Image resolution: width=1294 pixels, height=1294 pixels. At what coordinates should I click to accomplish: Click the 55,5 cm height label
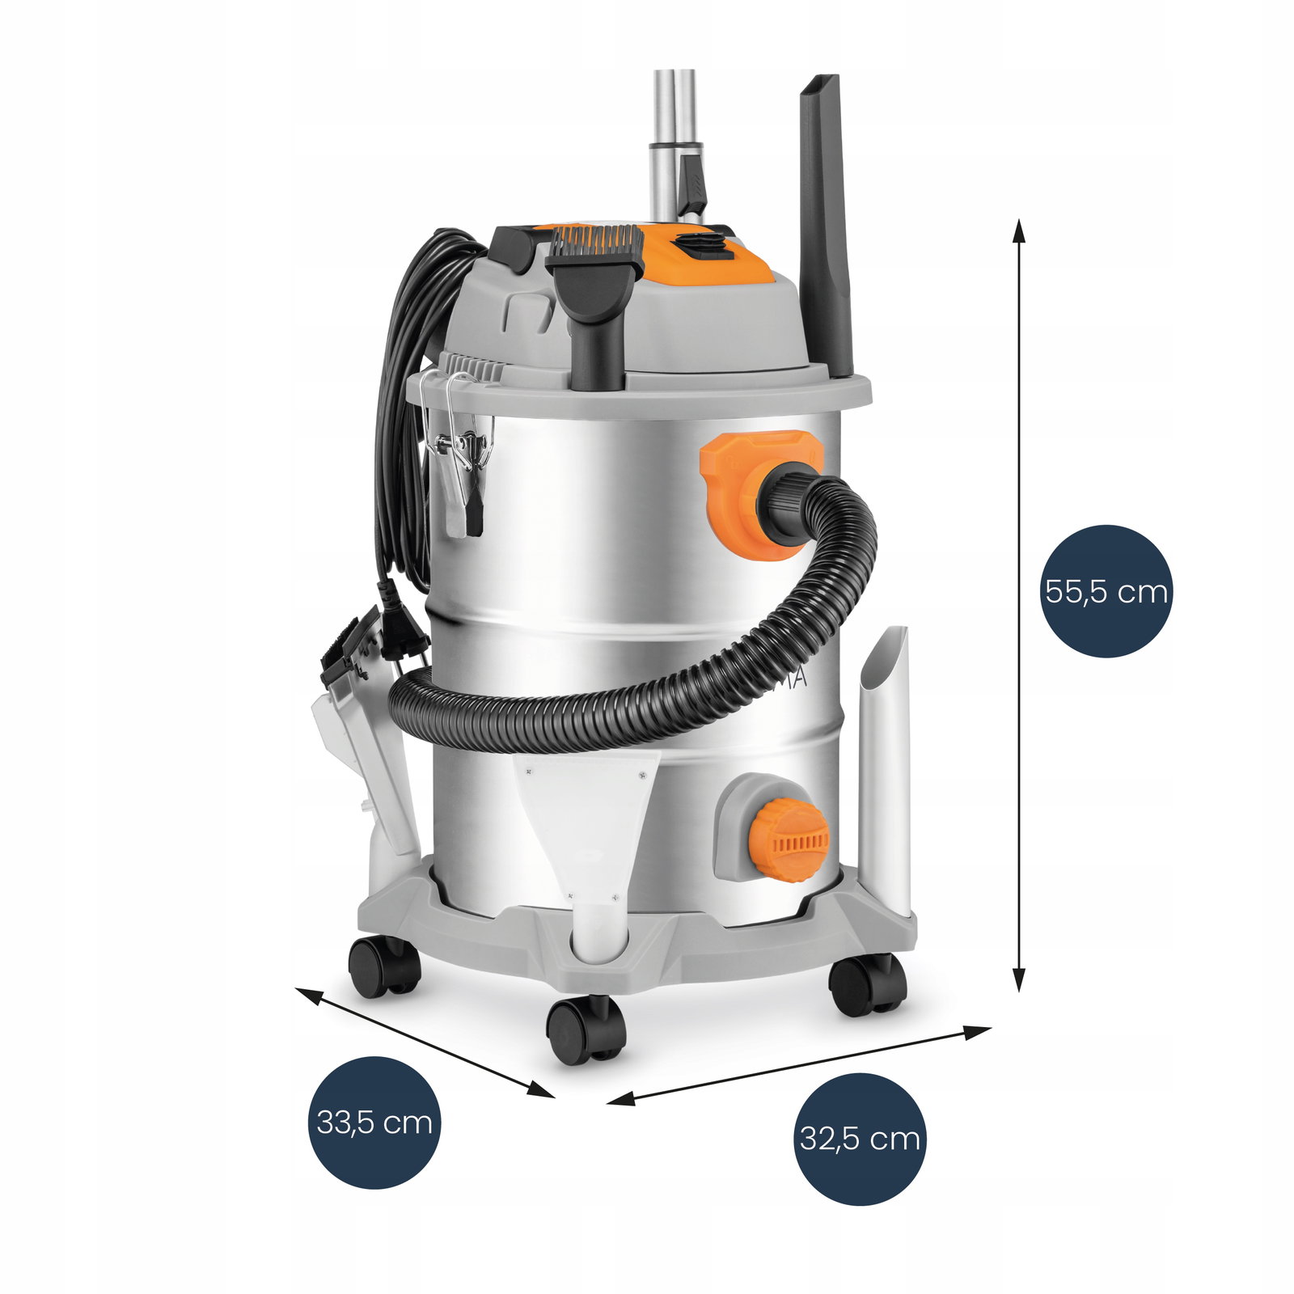point(1106,591)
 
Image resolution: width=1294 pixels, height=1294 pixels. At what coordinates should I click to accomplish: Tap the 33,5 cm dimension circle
point(374,1123)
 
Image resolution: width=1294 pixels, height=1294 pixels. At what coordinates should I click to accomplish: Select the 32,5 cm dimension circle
point(860,1139)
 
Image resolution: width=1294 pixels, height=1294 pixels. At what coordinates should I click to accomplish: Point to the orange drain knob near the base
point(789,839)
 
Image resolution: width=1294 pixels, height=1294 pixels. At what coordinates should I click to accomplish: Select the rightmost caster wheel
point(867,983)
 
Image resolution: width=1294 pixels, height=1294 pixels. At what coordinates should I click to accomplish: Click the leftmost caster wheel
point(384,966)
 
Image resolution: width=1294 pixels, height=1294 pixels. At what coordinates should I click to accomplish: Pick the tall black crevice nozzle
point(825,226)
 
